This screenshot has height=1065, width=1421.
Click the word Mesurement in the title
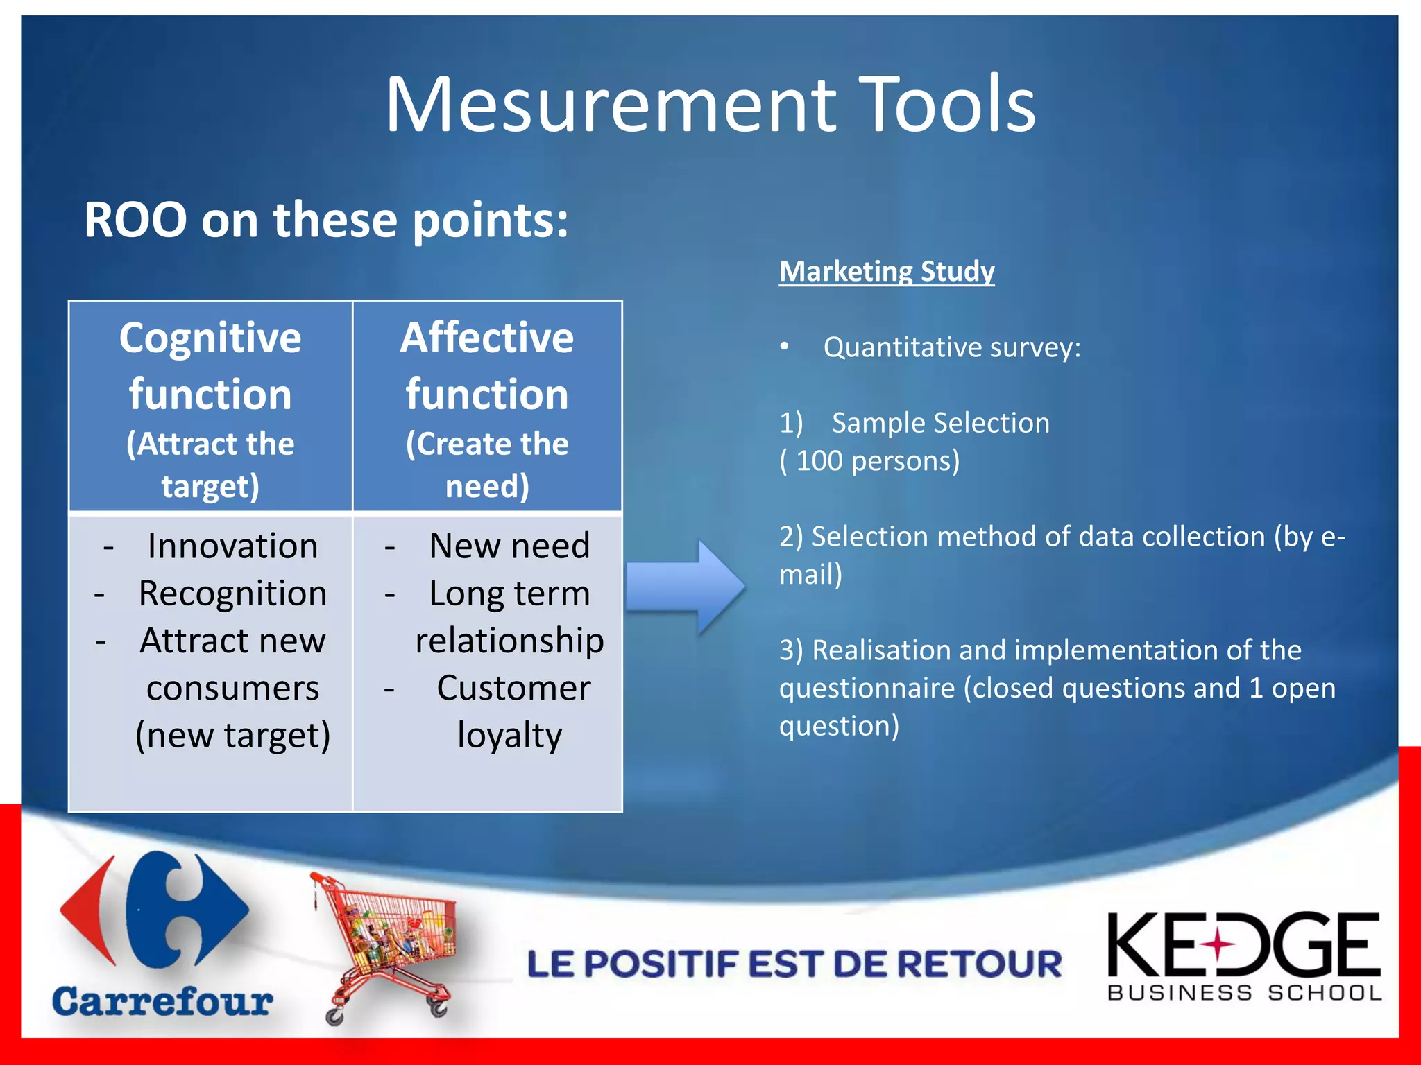[611, 105]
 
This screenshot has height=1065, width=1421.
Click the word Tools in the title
[946, 105]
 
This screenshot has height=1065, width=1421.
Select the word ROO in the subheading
[135, 220]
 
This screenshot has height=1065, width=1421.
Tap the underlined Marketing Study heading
[886, 271]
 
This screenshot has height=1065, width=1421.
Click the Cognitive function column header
[210, 365]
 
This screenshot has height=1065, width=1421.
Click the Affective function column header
[487, 365]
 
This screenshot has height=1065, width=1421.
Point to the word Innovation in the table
[232, 546]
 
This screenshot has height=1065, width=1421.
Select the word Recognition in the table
[232, 594]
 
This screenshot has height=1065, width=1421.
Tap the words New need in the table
[509, 546]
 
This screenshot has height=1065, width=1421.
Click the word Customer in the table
[513, 689]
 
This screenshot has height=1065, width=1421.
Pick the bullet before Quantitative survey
[784, 347]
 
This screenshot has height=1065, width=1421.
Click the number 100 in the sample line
[819, 461]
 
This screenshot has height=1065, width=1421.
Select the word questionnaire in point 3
[867, 689]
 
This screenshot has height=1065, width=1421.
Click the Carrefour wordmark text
[162, 1002]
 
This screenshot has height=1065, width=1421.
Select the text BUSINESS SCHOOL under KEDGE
[1245, 993]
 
